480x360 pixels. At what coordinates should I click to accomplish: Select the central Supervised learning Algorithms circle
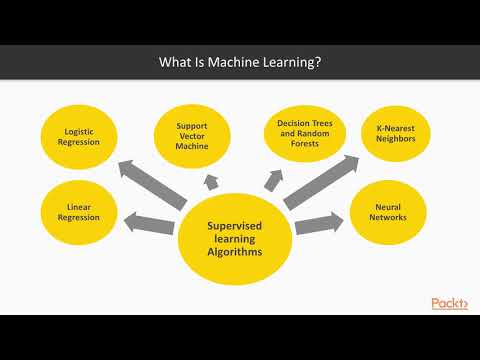[233, 240]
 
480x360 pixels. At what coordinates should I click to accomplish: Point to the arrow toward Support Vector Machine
[211, 180]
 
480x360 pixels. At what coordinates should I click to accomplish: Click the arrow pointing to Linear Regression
[150, 220]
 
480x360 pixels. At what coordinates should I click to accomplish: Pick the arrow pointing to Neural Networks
[317, 221]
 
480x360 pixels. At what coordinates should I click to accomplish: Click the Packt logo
[449, 304]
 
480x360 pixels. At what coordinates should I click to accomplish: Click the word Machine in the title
[231, 63]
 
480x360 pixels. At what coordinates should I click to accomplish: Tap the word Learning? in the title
[292, 63]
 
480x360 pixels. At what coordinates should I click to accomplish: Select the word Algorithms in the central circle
[233, 252]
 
